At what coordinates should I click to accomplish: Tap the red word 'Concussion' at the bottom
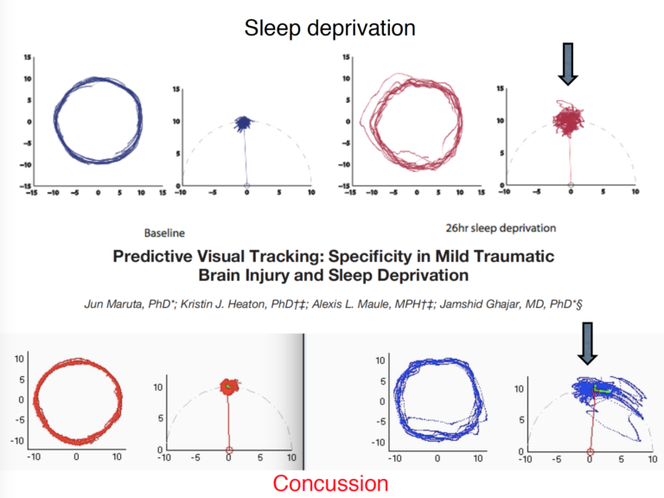tap(331, 482)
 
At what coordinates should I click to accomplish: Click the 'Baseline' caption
tap(164, 232)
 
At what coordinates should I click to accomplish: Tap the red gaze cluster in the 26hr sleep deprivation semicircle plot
tap(570, 118)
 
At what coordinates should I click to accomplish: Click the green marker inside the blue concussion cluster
tap(605, 391)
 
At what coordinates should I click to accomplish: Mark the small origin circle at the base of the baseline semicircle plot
tap(246, 186)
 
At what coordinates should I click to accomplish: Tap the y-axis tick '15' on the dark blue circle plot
tap(28, 57)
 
